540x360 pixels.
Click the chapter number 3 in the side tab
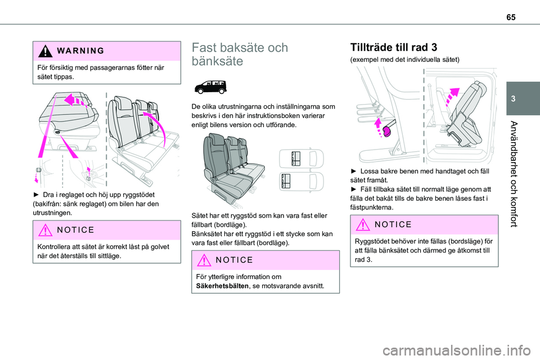point(526,99)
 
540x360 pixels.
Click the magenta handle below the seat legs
point(385,131)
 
